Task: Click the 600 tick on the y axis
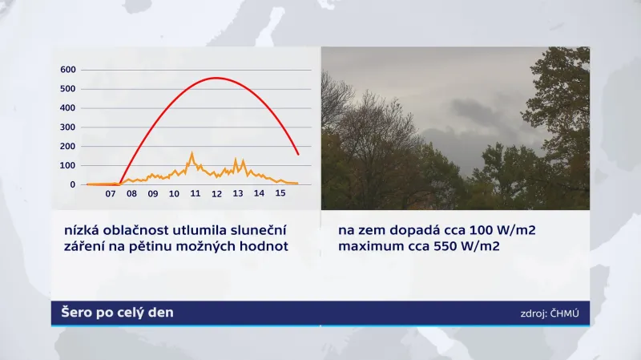pyautogui.click(x=67, y=69)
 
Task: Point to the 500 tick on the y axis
pyautogui.click(x=67, y=88)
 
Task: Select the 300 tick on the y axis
pyautogui.click(x=67, y=127)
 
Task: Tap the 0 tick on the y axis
pyautogui.click(x=72, y=184)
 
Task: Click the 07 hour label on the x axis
pyautogui.click(x=111, y=194)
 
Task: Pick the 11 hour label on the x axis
pyautogui.click(x=196, y=194)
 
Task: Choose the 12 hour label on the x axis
pyautogui.click(x=216, y=194)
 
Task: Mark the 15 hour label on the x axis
pyautogui.click(x=280, y=194)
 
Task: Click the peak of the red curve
pyautogui.click(x=216, y=78)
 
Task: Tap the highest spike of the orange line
pyautogui.click(x=191, y=153)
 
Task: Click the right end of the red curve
pyautogui.click(x=298, y=154)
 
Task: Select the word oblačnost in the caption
pyautogui.click(x=137, y=231)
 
